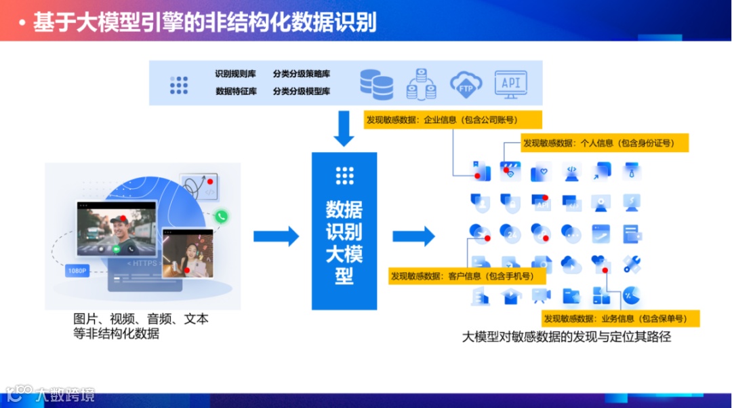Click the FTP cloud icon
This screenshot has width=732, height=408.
point(466,84)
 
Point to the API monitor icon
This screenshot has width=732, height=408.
point(510,84)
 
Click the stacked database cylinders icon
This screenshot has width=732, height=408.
point(376,84)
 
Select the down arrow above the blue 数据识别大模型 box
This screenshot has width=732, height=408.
point(344,128)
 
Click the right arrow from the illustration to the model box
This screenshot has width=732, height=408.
point(276,236)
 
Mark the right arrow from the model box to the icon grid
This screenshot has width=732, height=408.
point(413,236)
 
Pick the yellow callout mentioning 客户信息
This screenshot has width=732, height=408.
point(467,276)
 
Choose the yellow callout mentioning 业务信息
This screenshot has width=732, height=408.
point(620,318)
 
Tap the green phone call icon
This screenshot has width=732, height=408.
point(221,217)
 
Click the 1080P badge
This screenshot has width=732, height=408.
point(77,271)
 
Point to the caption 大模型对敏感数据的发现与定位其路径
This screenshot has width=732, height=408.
point(566,337)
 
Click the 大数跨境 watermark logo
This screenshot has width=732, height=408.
point(51,394)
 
